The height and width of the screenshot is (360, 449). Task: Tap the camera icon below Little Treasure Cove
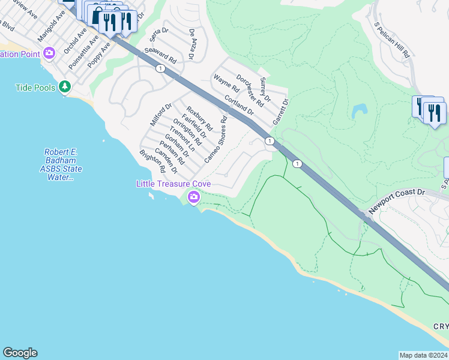point(193,197)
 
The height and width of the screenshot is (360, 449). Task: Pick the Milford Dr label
point(161,115)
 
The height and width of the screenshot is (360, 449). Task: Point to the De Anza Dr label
point(191,44)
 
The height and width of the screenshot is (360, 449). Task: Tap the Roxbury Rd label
point(199,119)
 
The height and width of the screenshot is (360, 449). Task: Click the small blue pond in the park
point(360,110)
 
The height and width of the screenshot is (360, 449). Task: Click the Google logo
point(20,353)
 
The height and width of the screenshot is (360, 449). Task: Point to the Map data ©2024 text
point(423,355)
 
